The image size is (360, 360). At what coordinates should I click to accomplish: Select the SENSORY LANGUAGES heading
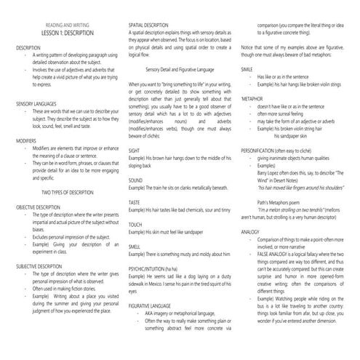tap(36, 103)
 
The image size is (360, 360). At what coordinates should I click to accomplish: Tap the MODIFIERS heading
tap(26, 139)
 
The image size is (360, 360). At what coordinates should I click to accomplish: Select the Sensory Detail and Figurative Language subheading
tap(183, 69)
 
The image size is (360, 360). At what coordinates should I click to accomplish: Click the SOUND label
tap(136, 179)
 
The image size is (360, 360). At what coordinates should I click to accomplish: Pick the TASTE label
tap(135, 202)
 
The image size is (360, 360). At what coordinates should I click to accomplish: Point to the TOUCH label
tap(136, 225)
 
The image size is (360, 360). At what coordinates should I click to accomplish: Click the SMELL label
tap(135, 247)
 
